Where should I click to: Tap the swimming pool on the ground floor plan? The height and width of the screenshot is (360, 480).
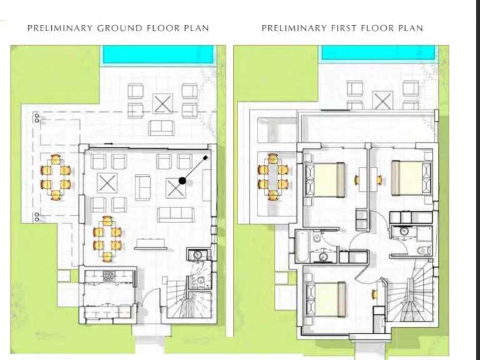pyautogui.click(x=158, y=54)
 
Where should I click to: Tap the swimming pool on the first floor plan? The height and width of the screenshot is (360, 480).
pyautogui.click(x=378, y=52)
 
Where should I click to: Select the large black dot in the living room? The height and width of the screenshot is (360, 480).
pyautogui.click(x=182, y=181)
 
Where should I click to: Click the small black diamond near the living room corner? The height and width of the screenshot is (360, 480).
pyautogui.click(x=205, y=158)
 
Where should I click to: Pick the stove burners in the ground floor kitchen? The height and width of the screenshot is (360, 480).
pyautogui.click(x=109, y=276)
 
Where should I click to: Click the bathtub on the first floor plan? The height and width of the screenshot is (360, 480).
pyautogui.click(x=301, y=246)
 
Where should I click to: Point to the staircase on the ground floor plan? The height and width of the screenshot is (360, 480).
pyautogui.click(x=189, y=304)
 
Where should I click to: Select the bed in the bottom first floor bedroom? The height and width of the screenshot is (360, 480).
pyautogui.click(x=326, y=299)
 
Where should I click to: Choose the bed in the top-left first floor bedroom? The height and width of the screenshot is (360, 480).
pyautogui.click(x=325, y=180)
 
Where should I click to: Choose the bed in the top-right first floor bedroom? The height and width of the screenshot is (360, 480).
pyautogui.click(x=411, y=178)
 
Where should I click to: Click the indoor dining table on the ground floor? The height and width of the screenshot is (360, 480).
pyautogui.click(x=107, y=239)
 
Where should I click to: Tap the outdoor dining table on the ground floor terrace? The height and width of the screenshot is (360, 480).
pyautogui.click(x=56, y=177)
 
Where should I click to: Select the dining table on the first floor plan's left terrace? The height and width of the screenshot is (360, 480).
pyautogui.click(x=273, y=177)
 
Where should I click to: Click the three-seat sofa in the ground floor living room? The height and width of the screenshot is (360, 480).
pyautogui.click(x=176, y=215)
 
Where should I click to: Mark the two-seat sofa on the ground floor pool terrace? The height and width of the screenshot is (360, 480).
pyautogui.click(x=161, y=128)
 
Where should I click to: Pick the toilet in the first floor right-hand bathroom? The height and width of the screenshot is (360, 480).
pyautogui.click(x=424, y=251)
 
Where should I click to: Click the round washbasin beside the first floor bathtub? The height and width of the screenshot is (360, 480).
pyautogui.click(x=324, y=256)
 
